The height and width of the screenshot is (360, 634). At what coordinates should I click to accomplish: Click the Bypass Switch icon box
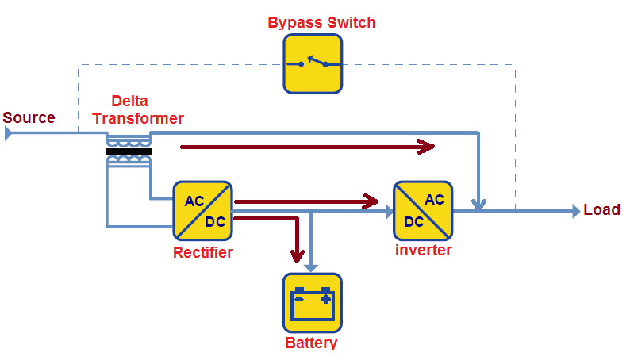[x=313, y=63]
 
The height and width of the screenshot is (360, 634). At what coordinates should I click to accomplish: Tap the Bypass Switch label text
[x=321, y=22]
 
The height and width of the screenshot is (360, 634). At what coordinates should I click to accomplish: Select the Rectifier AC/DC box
[x=202, y=210]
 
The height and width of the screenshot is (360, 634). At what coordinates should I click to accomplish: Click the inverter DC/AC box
[x=423, y=210]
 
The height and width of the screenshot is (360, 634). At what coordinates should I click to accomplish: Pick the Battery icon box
[x=313, y=302]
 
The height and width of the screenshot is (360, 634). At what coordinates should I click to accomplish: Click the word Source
[x=29, y=118]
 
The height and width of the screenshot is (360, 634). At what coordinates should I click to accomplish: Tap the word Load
[x=601, y=210]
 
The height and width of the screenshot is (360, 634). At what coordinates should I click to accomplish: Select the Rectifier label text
[x=202, y=253]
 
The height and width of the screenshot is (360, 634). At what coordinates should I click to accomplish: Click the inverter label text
[x=423, y=251]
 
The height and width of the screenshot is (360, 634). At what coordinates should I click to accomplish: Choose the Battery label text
[x=311, y=343]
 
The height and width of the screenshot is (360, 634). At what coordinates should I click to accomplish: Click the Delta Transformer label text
[x=147, y=110]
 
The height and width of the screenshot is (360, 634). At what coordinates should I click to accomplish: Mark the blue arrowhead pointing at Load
[x=575, y=211]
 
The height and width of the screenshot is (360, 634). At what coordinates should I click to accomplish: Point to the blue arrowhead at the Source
[x=8, y=132]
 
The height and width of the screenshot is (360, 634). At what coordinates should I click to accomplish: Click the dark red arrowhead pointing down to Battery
[x=298, y=255]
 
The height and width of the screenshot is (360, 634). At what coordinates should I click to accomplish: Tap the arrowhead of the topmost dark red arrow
[x=428, y=146]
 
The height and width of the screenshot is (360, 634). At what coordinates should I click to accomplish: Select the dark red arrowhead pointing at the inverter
[x=370, y=201]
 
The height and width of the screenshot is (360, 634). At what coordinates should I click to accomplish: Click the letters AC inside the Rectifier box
[x=194, y=201]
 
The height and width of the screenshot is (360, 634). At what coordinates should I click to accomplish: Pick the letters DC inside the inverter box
[x=413, y=222]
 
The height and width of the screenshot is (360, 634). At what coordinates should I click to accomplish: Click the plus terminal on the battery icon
[x=325, y=299]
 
